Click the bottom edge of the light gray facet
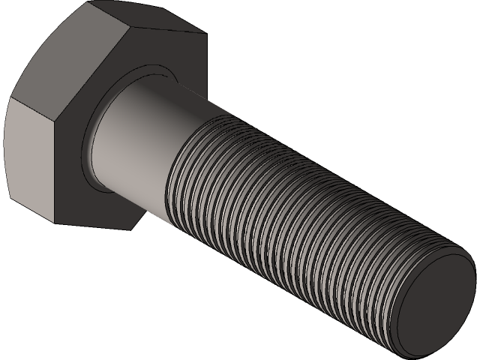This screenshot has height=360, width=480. (x=30, y=213)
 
